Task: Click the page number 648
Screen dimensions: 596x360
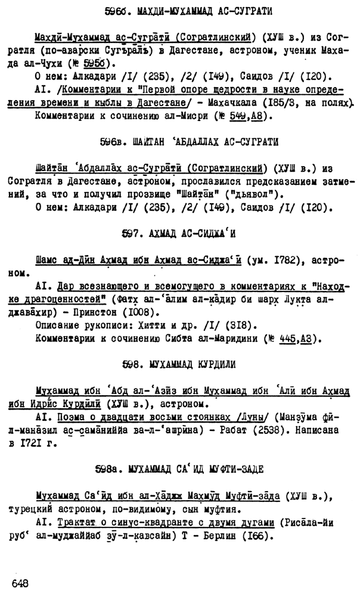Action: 20,581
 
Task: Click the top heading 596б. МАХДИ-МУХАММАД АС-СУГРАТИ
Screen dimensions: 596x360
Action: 179,11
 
